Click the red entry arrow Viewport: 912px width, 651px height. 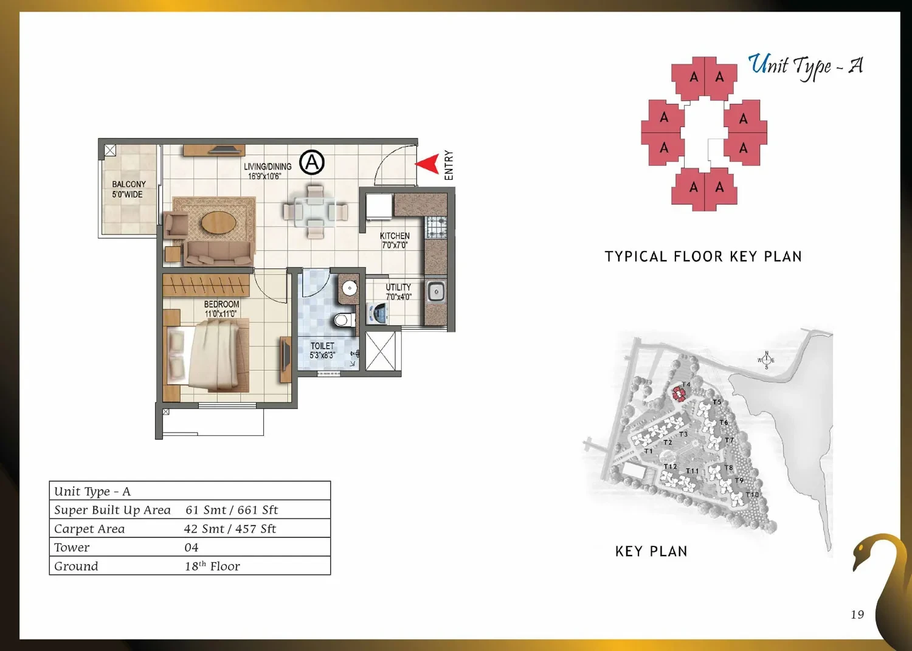(428, 164)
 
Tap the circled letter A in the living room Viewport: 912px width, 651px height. (312, 162)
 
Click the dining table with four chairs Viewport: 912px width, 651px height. (315, 212)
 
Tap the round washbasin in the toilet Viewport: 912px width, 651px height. (350, 288)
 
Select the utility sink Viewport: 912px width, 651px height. (436, 292)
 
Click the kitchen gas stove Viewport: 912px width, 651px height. (436, 227)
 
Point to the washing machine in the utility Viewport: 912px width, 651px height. (378, 313)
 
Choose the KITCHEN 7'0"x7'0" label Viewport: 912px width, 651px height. (395, 240)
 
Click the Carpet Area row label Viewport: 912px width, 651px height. (89, 528)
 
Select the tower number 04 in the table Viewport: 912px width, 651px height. (192, 547)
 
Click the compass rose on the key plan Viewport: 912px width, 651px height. (766, 360)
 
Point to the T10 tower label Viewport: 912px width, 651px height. (752, 495)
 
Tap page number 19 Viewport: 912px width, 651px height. (857, 614)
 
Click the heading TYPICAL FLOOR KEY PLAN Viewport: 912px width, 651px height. (703, 257)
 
